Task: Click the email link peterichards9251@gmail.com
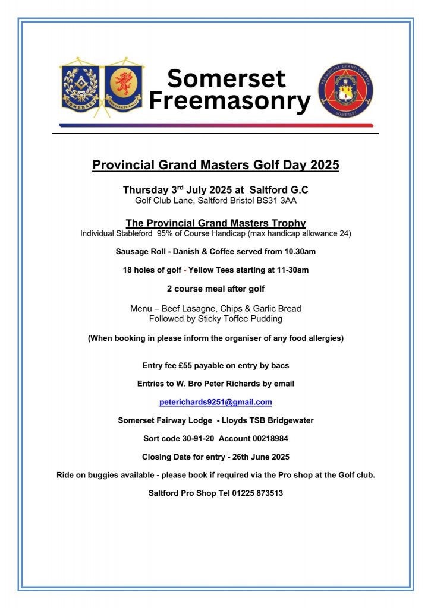[x=216, y=402]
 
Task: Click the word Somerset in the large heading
[x=226, y=79]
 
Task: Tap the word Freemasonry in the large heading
[x=229, y=101]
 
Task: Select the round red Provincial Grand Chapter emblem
[x=346, y=91]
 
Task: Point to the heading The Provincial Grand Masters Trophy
[x=216, y=223]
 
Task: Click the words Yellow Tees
[x=209, y=270]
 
